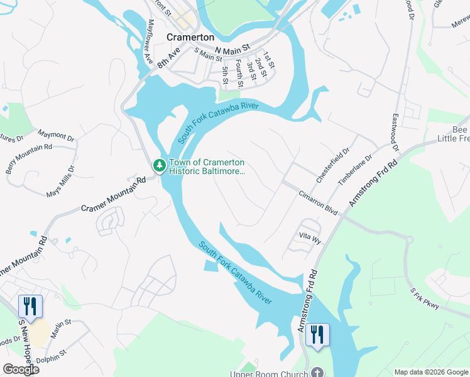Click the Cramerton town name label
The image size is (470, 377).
click(190, 37)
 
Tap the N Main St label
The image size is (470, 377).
click(232, 48)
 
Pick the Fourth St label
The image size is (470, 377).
click(240, 72)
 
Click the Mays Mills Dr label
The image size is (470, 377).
click(60, 182)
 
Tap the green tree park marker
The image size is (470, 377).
click(160, 166)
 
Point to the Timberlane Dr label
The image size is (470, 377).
click(356, 170)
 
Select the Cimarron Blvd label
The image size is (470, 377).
click(319, 204)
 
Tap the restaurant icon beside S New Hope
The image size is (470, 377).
click(30, 306)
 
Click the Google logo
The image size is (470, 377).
click(21, 369)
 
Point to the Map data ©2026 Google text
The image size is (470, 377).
click(431, 372)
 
